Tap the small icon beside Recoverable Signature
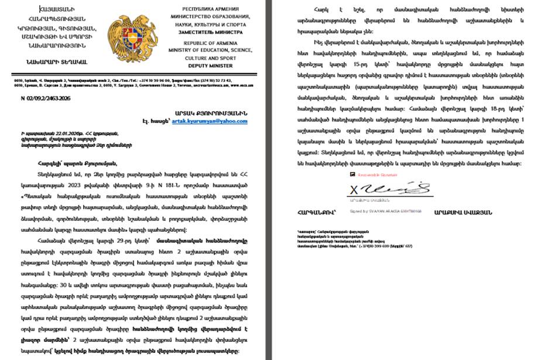tap(352, 174)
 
